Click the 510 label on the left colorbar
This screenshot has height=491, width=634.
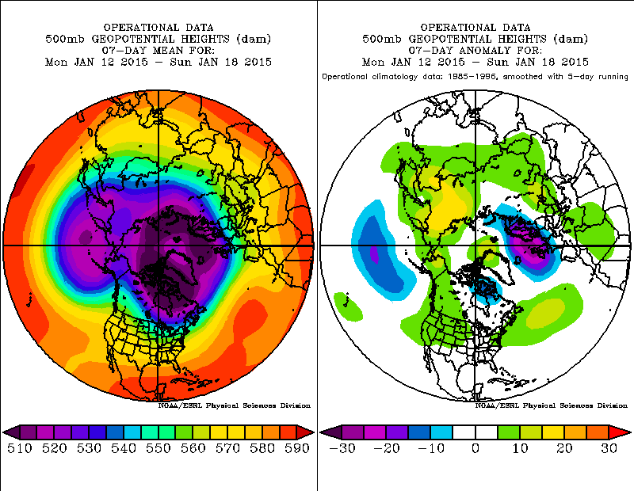point(19,448)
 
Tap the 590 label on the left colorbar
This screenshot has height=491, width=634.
point(297,448)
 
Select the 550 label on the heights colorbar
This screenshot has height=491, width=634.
point(158,448)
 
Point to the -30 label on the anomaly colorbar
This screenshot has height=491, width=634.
point(342,448)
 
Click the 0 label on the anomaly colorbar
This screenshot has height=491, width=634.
point(475,448)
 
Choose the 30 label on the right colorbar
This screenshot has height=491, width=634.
point(609,448)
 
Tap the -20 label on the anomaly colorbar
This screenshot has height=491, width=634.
point(387,448)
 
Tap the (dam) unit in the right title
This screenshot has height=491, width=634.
point(571,39)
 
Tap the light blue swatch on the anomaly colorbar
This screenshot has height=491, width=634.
point(442,432)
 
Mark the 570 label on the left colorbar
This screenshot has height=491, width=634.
point(227,448)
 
